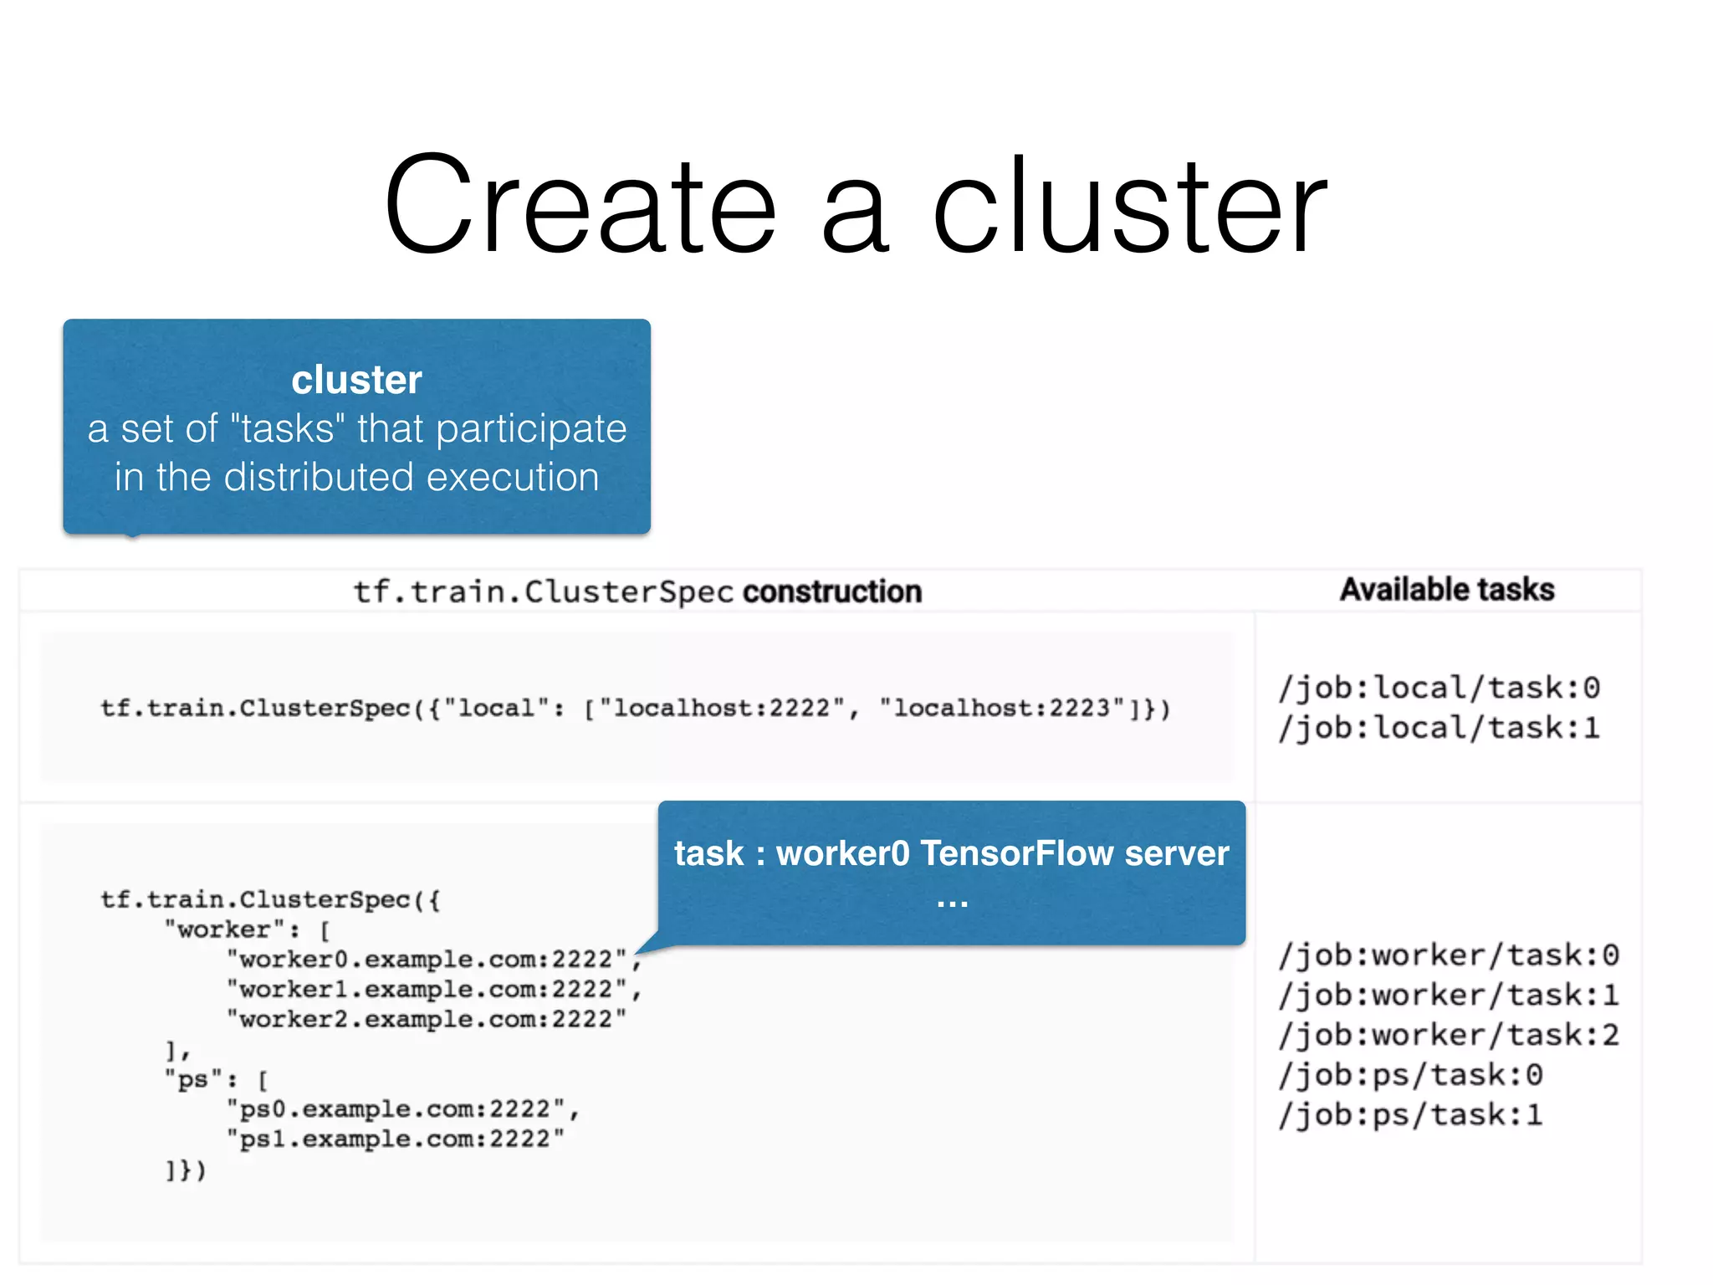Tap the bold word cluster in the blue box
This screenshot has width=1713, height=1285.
coord(356,380)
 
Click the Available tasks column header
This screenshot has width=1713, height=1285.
coord(1447,590)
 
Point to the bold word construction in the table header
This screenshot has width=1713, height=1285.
coord(832,591)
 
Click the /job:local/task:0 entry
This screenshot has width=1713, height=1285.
coord(1439,688)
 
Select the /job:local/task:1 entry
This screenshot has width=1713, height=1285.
coord(1439,728)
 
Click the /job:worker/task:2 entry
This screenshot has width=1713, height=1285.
coord(1449,1035)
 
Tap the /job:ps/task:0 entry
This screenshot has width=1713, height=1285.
coord(1410,1075)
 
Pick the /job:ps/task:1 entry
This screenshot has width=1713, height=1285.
coord(1410,1115)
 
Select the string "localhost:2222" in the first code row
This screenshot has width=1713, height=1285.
coord(723,709)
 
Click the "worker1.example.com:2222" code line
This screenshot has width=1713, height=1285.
coord(427,990)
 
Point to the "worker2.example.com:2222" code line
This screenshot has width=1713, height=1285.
coord(427,1020)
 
